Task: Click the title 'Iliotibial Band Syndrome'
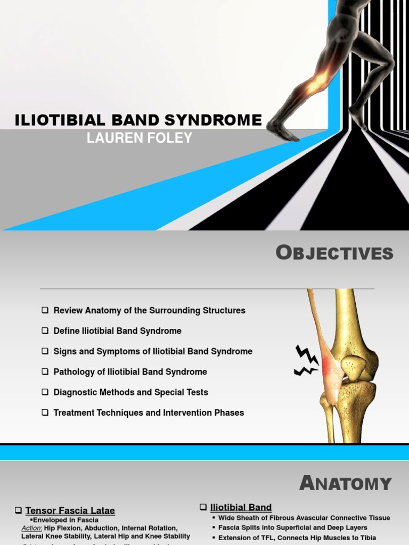point(138,120)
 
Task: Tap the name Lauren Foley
point(139,138)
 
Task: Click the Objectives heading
point(334,253)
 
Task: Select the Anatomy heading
point(346,483)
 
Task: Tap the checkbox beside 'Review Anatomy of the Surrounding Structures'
point(45,310)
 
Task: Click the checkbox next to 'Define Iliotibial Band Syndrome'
point(45,331)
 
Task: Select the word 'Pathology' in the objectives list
point(73,371)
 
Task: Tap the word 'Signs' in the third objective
point(64,351)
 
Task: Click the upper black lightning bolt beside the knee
point(307,354)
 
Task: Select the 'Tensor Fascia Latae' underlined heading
point(70,510)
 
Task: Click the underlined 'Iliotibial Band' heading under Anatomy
point(241,507)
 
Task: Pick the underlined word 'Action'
point(31,528)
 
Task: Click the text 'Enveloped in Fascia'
point(66,520)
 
